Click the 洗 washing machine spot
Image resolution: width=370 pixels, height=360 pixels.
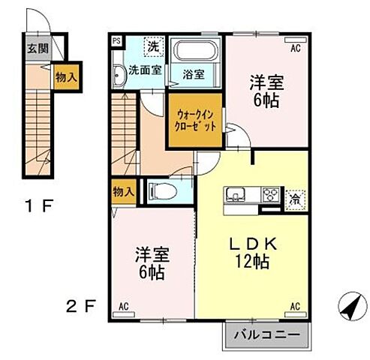(152, 45)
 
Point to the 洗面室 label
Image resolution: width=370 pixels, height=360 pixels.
(144, 71)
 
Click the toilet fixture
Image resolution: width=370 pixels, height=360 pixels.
(164, 190)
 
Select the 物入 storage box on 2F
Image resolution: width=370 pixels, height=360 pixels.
(123, 191)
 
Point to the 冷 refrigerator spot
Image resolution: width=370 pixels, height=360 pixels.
(295, 199)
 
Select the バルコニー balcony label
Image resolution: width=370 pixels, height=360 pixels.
(266, 334)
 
